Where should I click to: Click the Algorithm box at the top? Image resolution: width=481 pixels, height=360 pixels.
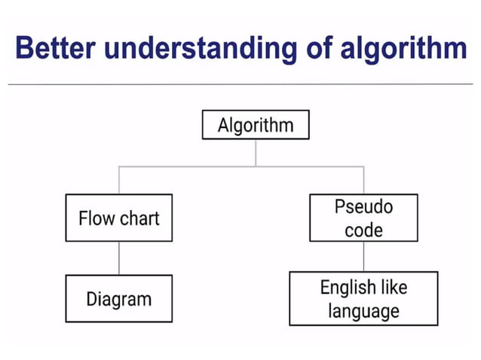click(x=256, y=125)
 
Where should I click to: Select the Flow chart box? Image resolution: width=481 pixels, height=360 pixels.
click(x=118, y=218)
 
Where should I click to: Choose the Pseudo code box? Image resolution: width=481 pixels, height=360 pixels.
click(x=363, y=218)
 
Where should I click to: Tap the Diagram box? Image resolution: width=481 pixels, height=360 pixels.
click(x=118, y=299)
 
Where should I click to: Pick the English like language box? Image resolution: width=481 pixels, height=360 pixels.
click(x=363, y=299)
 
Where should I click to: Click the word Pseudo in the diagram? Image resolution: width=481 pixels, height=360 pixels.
click(x=363, y=206)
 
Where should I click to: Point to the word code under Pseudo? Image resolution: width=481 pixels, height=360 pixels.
click(x=363, y=230)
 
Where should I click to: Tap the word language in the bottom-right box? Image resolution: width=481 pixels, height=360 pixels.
click(x=363, y=310)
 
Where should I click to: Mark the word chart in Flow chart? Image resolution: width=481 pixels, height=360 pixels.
click(x=139, y=218)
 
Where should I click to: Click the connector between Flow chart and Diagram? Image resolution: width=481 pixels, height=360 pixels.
click(x=118, y=258)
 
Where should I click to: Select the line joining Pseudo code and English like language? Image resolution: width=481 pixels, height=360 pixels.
click(x=364, y=257)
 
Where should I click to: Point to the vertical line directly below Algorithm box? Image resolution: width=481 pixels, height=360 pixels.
click(x=256, y=152)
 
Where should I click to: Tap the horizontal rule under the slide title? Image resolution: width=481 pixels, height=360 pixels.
click(x=240, y=84)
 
